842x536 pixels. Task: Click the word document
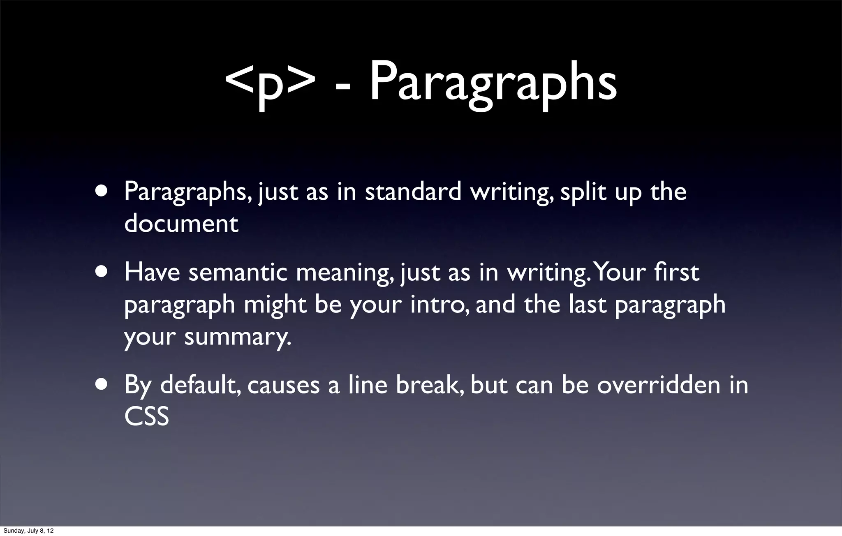point(181,224)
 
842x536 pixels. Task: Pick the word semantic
point(238,273)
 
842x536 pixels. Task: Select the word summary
point(238,337)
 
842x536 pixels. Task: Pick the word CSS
point(146,417)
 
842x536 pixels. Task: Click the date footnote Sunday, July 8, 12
point(28,531)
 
